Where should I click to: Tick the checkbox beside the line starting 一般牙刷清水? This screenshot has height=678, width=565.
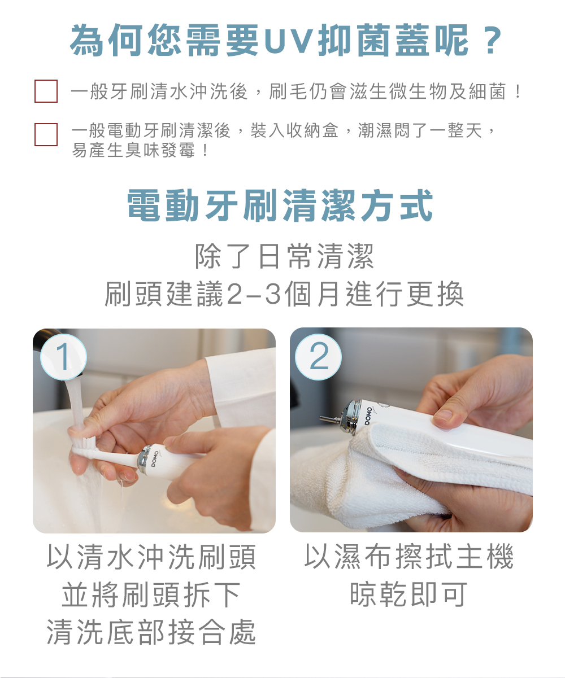(x=46, y=91)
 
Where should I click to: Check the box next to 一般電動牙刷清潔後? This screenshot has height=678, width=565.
(x=46, y=134)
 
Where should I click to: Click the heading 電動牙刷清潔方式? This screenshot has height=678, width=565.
(x=280, y=205)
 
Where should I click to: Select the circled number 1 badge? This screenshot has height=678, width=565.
(x=63, y=357)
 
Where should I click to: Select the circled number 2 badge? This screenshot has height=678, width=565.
(x=318, y=357)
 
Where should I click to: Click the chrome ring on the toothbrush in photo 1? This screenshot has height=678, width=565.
(x=143, y=460)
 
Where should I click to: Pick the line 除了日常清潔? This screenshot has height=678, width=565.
(x=284, y=256)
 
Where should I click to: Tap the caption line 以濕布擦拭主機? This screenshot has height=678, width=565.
(x=409, y=557)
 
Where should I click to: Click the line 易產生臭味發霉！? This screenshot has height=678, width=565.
(x=141, y=151)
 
